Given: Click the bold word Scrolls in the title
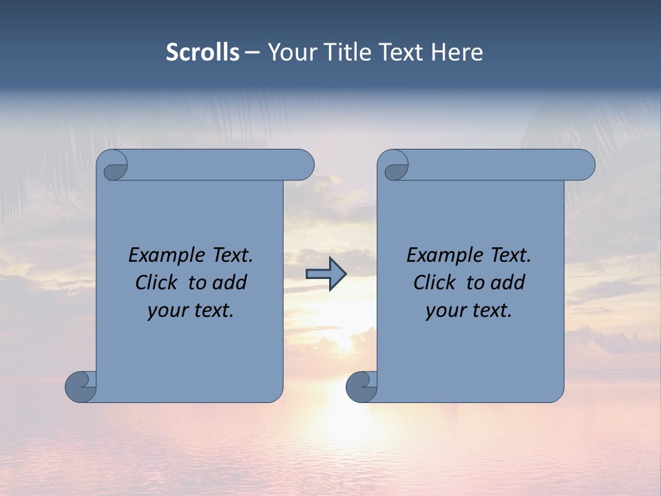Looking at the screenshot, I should pyautogui.click(x=202, y=52).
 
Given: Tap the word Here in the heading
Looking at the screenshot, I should pyautogui.click(x=457, y=52).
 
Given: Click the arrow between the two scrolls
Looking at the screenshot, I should pyautogui.click(x=326, y=274).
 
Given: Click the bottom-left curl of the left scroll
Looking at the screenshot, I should pyautogui.click(x=81, y=386).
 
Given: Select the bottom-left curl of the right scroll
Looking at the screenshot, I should pyautogui.click(x=361, y=386).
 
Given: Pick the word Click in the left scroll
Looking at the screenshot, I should pyautogui.click(x=151, y=282).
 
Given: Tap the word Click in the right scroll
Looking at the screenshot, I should pyautogui.click(x=429, y=282).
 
